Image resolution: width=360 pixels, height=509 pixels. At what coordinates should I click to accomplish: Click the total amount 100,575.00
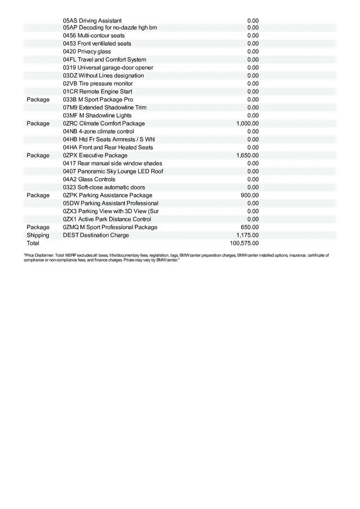[x=244, y=243]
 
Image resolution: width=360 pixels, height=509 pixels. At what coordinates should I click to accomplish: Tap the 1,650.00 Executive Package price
[x=247, y=155]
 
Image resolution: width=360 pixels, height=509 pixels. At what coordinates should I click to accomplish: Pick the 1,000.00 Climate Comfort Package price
[x=247, y=123]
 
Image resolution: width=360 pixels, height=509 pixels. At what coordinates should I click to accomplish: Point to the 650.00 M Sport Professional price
[x=250, y=227]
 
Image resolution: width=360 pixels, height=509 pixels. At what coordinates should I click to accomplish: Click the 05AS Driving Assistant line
[x=92, y=20]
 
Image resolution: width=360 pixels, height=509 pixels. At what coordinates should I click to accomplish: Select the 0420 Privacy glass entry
[x=87, y=51]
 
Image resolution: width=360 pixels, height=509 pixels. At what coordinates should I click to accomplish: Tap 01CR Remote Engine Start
[x=97, y=91]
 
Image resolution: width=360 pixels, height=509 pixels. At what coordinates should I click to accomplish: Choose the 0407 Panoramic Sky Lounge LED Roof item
[x=113, y=171]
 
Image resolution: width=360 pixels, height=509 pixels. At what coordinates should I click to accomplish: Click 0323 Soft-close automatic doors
[x=104, y=187]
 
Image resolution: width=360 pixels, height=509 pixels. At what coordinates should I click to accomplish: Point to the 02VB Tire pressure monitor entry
[x=98, y=84]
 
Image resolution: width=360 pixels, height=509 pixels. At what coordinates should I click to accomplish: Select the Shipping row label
[x=38, y=235]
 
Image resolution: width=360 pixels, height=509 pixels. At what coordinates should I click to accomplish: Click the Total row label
[x=33, y=243]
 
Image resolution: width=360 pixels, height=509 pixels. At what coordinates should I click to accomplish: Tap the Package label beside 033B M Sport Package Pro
[x=38, y=99]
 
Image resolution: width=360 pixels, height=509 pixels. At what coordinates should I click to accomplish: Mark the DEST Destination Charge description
[x=96, y=235]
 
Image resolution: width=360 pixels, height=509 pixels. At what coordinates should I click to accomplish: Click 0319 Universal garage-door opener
[x=108, y=67]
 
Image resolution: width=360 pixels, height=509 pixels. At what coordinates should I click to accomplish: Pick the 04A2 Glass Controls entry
[x=89, y=179]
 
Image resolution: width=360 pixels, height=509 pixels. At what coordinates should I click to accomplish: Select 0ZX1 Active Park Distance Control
[x=107, y=219]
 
